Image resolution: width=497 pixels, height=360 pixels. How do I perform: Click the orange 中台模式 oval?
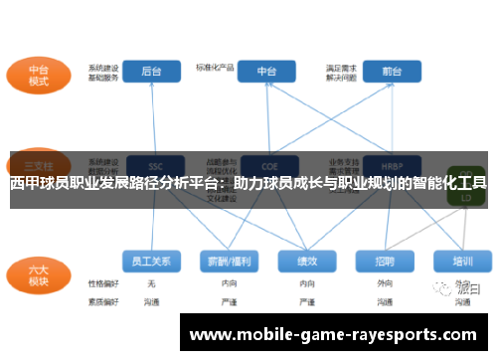pyautogui.click(x=38, y=76)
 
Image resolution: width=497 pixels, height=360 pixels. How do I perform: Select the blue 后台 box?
pyautogui.click(x=152, y=72)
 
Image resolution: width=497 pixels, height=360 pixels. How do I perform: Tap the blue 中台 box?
pyautogui.click(x=267, y=72)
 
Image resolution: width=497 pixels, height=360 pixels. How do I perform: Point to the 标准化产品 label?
pyautogui.click(x=215, y=68)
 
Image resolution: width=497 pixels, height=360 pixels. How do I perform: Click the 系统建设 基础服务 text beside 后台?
pyautogui.click(x=103, y=72)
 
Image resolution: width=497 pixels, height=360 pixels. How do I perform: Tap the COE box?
pyautogui.click(x=267, y=165)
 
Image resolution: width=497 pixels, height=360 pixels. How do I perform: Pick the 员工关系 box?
pyautogui.click(x=152, y=262)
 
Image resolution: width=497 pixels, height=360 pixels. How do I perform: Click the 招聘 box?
pyautogui.click(x=385, y=262)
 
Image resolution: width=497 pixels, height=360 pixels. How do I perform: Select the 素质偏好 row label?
pyautogui.click(x=103, y=299)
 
